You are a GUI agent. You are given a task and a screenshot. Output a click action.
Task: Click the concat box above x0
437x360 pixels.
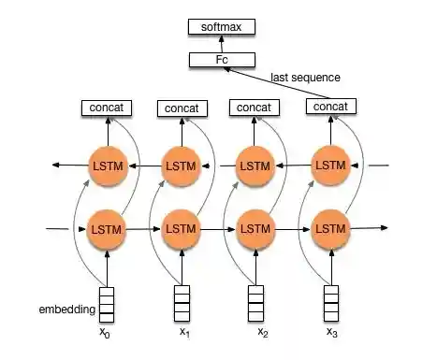[105, 108]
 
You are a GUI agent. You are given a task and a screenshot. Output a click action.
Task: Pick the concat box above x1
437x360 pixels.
[181, 108]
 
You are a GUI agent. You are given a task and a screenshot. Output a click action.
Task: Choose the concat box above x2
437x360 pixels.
[255, 108]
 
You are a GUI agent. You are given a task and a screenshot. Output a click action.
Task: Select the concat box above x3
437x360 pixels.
[331, 108]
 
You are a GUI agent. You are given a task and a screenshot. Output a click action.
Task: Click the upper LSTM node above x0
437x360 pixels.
[106, 166]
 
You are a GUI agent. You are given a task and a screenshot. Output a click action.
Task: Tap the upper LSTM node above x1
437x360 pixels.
[181, 166]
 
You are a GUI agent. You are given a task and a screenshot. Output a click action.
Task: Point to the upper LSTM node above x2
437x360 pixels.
[255, 166]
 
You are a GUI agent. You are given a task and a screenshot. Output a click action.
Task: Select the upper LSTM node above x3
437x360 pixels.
[330, 165]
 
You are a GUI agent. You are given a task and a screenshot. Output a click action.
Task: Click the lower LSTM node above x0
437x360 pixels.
[106, 228]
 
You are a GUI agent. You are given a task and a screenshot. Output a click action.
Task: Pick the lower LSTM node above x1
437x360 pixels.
[181, 228]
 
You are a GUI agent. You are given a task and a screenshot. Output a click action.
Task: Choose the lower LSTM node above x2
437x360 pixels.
[255, 228]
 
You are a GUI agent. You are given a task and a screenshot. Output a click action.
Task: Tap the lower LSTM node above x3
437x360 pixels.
[330, 228]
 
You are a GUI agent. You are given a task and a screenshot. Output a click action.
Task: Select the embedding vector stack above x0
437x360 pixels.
[106, 302]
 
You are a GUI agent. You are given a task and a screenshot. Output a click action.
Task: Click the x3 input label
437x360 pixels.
[331, 333]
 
